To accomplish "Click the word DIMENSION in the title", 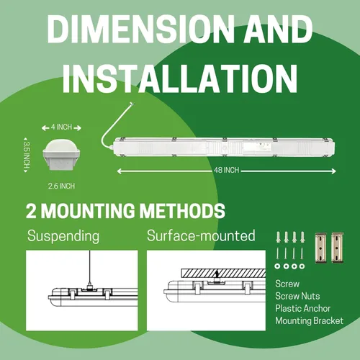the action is (140, 30).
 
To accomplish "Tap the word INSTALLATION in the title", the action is (180, 78).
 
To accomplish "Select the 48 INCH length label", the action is (227, 170).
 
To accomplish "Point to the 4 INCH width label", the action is (61, 127).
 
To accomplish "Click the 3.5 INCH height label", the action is (27, 155).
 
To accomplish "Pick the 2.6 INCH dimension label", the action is (61, 186).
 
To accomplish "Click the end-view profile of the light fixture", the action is (61, 156).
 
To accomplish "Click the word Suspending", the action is (63, 236).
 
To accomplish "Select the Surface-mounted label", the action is (201, 235).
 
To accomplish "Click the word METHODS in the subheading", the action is (182, 211).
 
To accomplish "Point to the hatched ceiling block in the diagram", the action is (223, 274).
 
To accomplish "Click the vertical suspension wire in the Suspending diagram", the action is (90, 266).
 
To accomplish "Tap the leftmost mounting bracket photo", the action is (321, 248).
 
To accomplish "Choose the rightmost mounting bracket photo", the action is (337, 247).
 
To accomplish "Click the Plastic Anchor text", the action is (302, 308).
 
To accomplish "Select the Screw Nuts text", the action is (297, 296).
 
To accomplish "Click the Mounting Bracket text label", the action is (309, 321).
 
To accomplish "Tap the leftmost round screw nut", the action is (278, 266).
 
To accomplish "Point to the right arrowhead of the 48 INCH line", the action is (334, 171).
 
